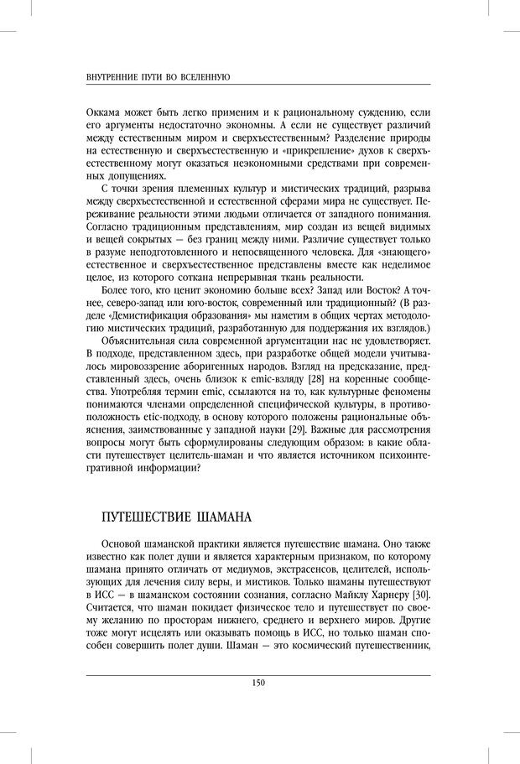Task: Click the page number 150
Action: pos(258,683)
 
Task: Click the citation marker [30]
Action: pos(419,595)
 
